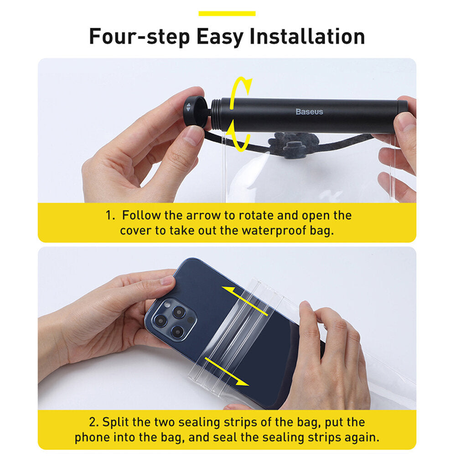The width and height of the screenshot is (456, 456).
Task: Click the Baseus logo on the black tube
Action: point(309,112)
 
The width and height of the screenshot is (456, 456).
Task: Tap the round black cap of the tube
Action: point(195,111)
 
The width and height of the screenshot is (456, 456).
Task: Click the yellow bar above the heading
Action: point(227,13)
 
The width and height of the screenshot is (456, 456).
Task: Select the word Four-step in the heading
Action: point(139,37)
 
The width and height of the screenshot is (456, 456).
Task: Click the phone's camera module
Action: point(171,319)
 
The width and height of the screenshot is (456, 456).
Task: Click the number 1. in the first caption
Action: point(110,216)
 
